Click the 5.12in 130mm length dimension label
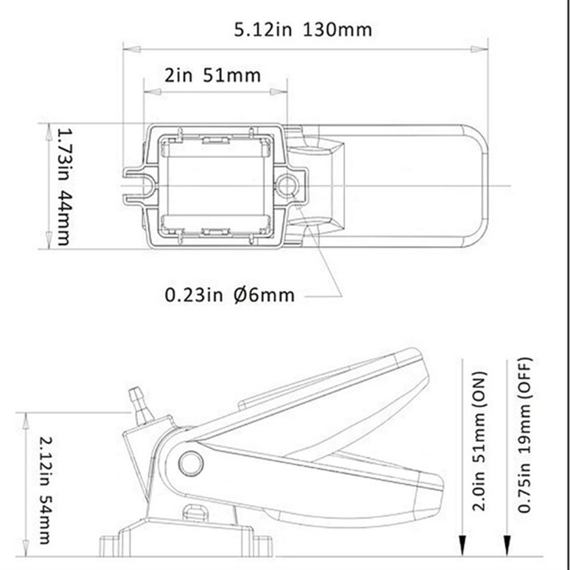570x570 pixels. point(303,30)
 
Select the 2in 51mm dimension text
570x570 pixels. point(213,76)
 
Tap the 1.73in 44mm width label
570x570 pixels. point(64,187)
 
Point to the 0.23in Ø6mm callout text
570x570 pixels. point(229,295)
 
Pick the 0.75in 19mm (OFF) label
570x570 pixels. point(524,435)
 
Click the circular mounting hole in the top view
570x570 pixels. point(287,185)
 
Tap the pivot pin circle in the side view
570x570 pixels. point(191,463)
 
